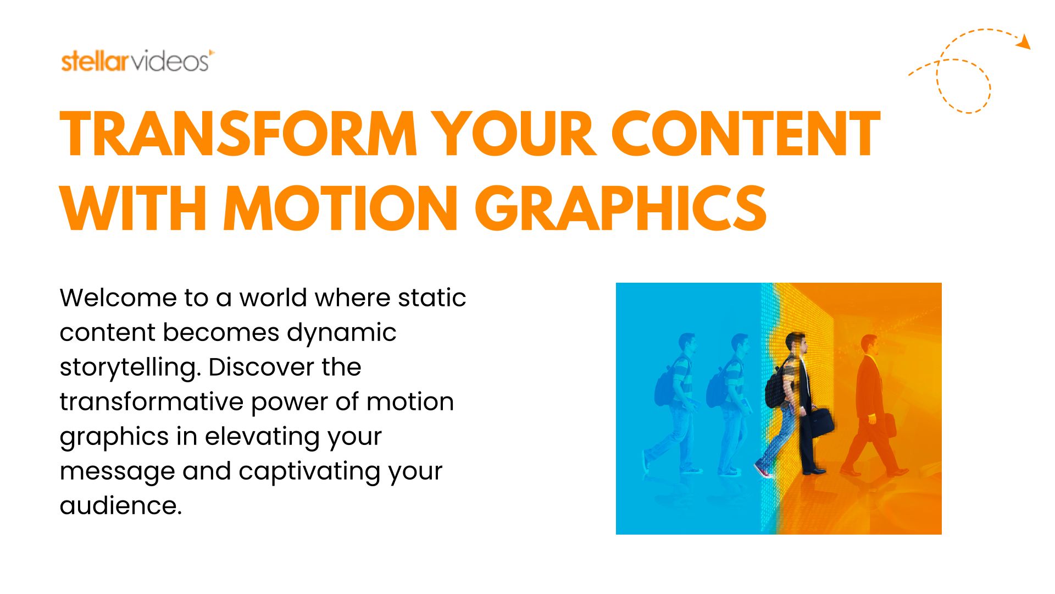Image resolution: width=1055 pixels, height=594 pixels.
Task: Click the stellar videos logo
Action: pyautogui.click(x=137, y=61)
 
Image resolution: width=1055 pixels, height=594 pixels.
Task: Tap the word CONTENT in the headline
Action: pyautogui.click(x=746, y=134)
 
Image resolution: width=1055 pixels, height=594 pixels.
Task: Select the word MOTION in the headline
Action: pyautogui.click(x=341, y=208)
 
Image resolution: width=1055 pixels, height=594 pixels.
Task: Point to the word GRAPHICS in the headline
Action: pyautogui.click(x=620, y=208)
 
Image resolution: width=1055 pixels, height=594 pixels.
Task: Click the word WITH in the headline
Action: pyautogui.click(x=133, y=208)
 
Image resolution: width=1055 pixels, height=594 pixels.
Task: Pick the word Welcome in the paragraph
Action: pyautogui.click(x=118, y=298)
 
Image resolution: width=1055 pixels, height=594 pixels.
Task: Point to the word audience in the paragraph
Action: pyautogui.click(x=120, y=505)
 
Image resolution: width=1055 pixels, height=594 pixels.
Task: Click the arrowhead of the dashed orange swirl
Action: pyautogui.click(x=1023, y=42)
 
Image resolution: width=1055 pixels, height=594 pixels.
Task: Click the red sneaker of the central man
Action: pyautogui.click(x=763, y=470)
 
